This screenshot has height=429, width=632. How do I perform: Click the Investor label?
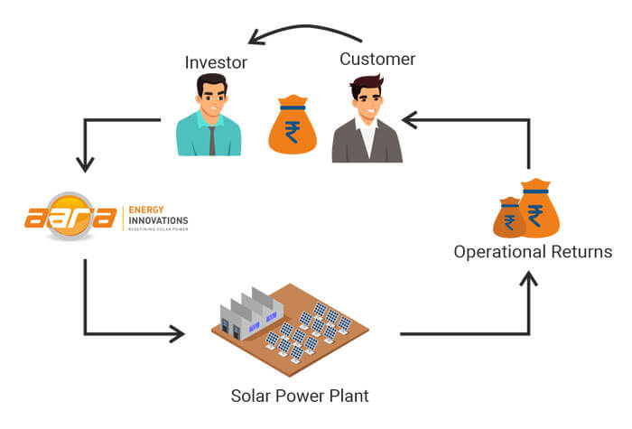click(x=216, y=62)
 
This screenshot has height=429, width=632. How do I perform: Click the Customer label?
click(x=377, y=59)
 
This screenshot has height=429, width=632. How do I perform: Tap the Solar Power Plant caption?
click(x=300, y=396)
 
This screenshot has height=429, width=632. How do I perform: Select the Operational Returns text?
click(x=533, y=251)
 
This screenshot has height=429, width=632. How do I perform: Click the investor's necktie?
click(x=212, y=140)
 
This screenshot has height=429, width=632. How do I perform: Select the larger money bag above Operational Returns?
click(x=538, y=209)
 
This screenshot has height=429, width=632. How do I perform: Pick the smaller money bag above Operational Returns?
click(x=509, y=218)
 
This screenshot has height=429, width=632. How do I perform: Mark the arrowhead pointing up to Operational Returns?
click(x=529, y=279)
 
